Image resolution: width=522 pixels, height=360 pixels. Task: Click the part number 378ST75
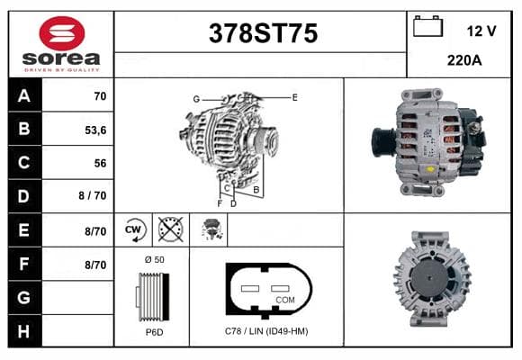[263, 33]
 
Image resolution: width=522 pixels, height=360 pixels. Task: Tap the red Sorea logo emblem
[62, 33]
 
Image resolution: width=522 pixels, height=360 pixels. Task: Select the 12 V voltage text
[481, 31]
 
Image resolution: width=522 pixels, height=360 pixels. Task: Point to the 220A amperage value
[464, 60]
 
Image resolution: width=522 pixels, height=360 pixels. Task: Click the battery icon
[427, 26]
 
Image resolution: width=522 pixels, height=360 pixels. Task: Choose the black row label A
[24, 95]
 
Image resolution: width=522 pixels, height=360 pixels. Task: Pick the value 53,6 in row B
[95, 130]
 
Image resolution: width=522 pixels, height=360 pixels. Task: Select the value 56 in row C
[100, 163]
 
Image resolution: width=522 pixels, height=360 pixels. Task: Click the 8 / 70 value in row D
[93, 195]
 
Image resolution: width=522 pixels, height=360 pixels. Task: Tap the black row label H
[24, 331]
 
